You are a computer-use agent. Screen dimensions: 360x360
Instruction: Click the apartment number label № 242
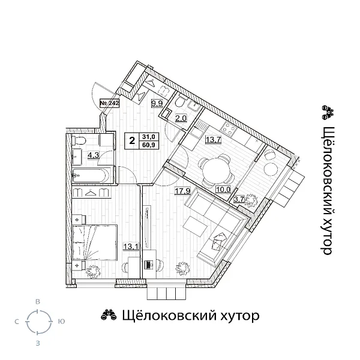pos(109,103)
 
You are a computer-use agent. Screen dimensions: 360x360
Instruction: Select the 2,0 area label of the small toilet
pos(181,118)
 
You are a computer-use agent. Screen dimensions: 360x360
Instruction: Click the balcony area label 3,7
pos(239,199)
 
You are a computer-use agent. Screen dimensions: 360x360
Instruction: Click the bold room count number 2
pos(131,140)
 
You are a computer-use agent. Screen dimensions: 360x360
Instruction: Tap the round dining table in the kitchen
pos(214,171)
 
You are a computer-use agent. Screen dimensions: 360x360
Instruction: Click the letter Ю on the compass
pos(61,322)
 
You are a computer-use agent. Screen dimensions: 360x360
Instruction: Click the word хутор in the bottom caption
pos(234,316)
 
